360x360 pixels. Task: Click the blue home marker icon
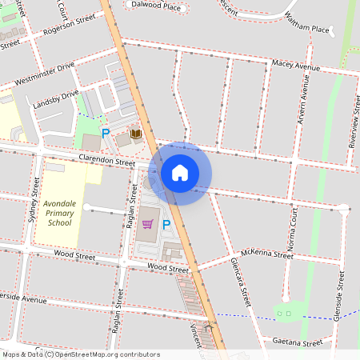pos(180,172)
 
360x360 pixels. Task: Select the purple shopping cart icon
pos(147,224)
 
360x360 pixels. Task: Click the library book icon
pos(136,134)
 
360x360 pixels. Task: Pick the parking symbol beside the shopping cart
pos(166,225)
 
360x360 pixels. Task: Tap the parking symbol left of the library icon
pos(105,133)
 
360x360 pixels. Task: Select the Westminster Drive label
pos(44,74)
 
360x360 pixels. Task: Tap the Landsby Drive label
pos(56,99)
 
